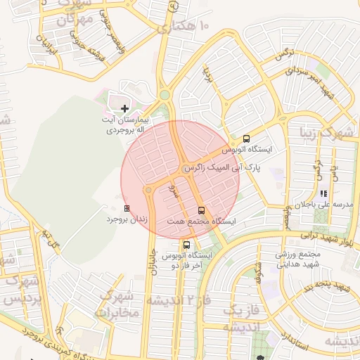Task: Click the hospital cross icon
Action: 124,108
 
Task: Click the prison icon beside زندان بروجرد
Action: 127,208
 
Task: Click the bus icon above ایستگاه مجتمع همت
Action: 202,210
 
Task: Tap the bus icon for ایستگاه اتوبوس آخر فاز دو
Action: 186,245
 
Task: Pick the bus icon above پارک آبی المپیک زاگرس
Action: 246,139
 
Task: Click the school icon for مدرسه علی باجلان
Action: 323,193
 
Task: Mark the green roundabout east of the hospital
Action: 165,95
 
